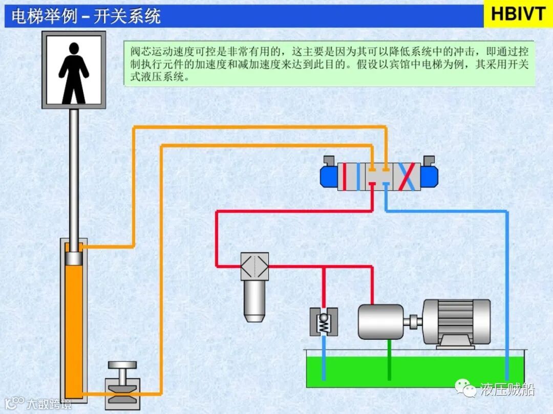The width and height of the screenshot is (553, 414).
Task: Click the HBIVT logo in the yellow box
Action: [x=518, y=14]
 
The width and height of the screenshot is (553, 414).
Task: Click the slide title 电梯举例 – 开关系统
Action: [x=86, y=16]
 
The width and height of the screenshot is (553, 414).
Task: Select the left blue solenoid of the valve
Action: [x=329, y=176]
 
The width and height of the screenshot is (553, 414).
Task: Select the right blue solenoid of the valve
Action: [x=429, y=176]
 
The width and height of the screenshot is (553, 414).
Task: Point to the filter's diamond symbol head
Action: [x=254, y=266]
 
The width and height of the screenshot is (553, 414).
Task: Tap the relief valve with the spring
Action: [x=324, y=321]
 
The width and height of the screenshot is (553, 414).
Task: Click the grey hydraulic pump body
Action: [x=381, y=321]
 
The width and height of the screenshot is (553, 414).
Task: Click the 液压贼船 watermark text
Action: [x=506, y=390]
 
